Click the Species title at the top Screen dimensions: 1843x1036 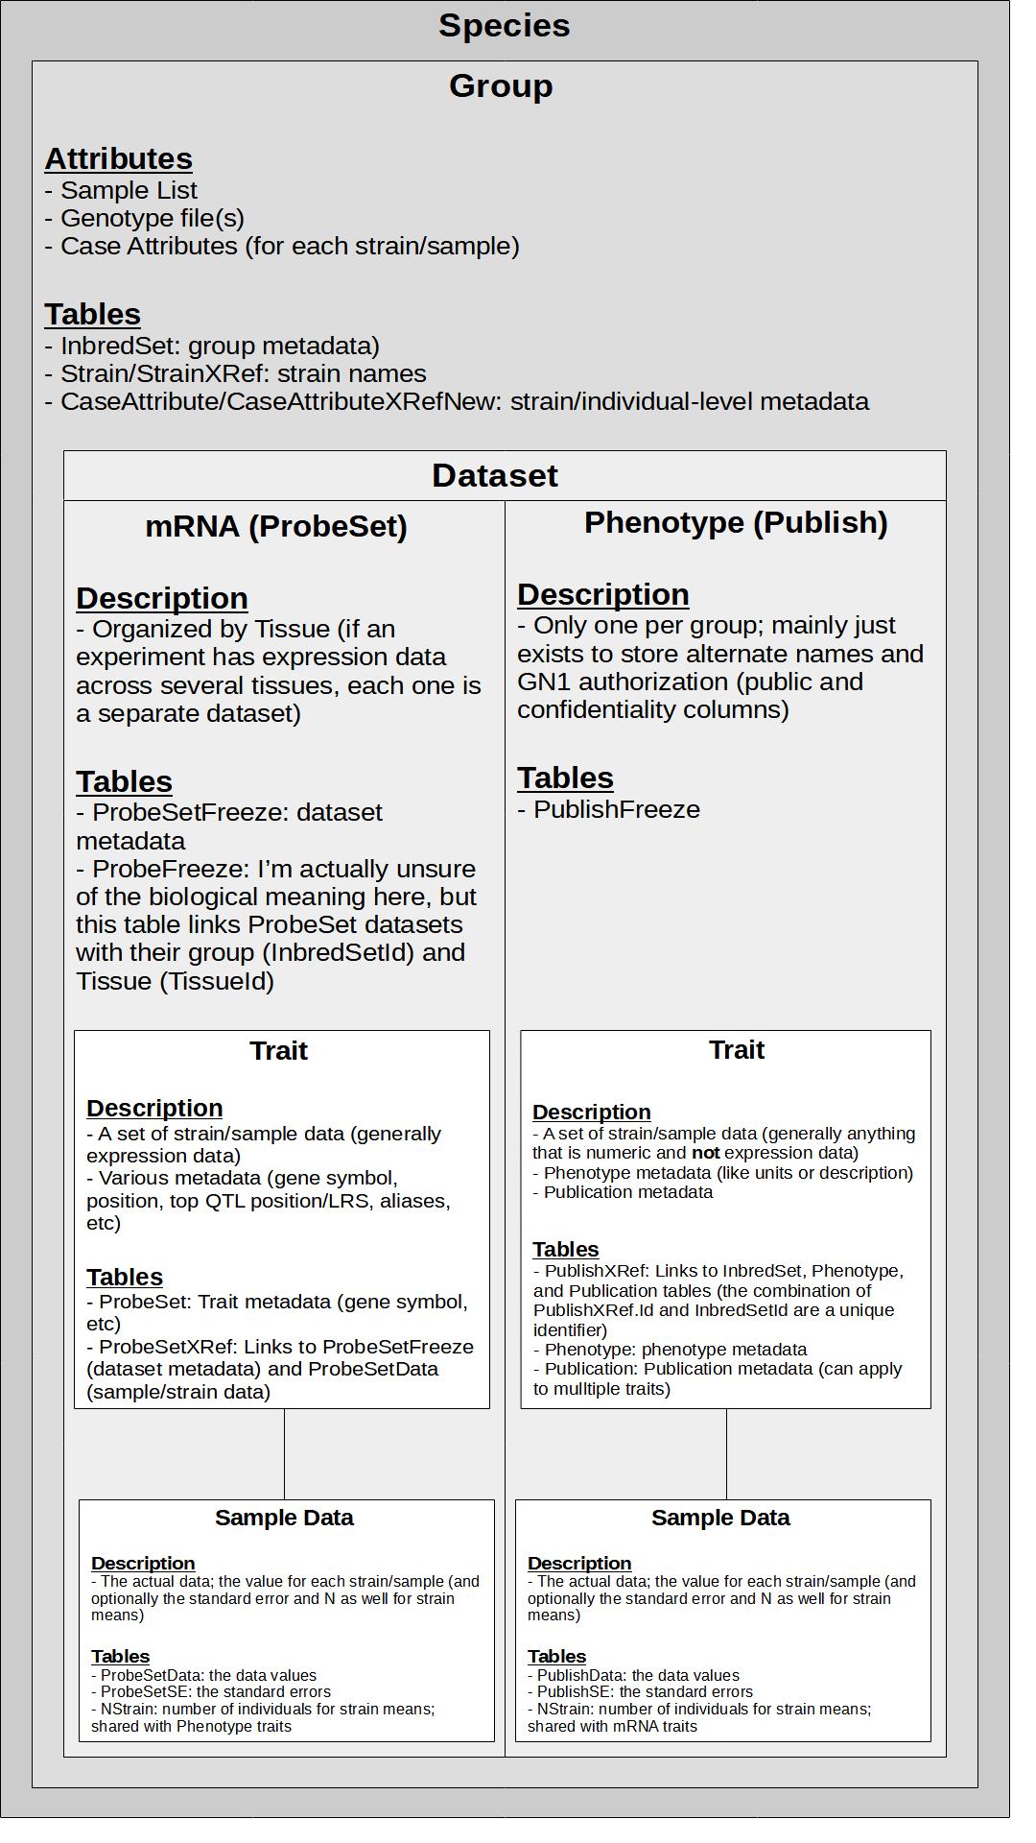(504, 26)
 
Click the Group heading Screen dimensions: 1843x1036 (501, 86)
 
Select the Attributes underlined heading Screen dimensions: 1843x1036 (118, 158)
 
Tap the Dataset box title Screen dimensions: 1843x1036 (494, 476)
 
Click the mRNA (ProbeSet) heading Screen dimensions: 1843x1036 (276, 527)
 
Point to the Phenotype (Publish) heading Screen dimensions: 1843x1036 (736, 523)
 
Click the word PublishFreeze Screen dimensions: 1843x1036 (617, 810)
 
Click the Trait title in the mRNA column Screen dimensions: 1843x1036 (278, 1051)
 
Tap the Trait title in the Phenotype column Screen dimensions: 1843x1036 (737, 1050)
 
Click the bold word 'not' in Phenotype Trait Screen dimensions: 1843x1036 (705, 1153)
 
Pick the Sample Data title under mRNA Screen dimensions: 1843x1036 (284, 1518)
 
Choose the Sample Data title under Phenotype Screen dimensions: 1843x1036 (720, 1518)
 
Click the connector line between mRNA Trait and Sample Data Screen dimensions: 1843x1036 (285, 1454)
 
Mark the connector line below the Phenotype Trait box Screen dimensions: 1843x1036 (726, 1454)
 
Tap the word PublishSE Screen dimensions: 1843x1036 (574, 1692)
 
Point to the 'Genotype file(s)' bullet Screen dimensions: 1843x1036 (153, 219)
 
